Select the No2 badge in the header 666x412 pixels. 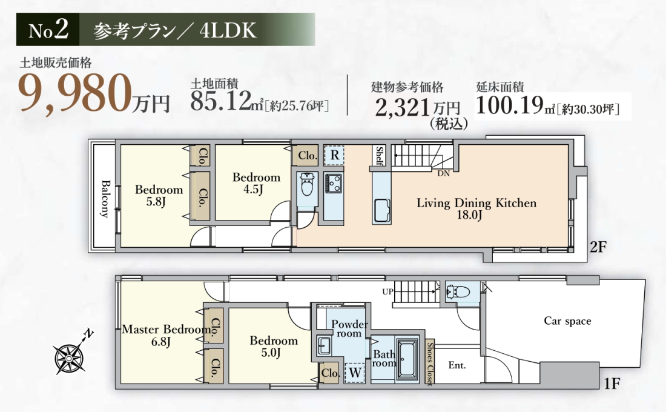point(48,29)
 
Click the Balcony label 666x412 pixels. point(105,199)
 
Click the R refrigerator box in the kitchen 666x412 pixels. point(334,155)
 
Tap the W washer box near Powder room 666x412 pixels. point(355,373)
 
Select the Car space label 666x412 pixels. point(567,321)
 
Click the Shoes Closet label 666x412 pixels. point(430,364)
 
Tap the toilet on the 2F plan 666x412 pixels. point(306,184)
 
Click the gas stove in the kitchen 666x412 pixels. point(334,183)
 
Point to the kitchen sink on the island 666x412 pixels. point(382,210)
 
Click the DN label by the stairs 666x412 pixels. point(443,173)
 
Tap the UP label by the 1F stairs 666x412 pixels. point(387,291)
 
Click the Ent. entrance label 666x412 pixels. point(457,365)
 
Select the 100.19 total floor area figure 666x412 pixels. point(510,105)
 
